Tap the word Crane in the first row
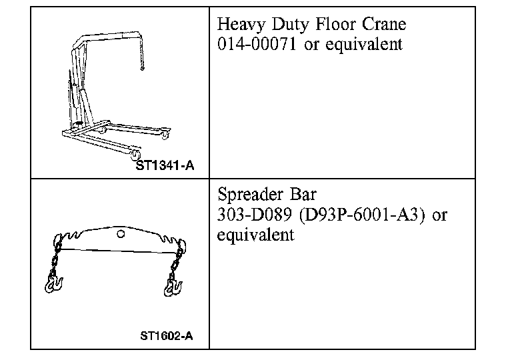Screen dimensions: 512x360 point(382,25)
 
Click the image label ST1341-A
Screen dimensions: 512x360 point(165,165)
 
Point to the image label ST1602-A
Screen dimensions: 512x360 point(167,335)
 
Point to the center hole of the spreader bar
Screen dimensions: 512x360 point(120,234)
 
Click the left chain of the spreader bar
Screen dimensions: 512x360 point(56,260)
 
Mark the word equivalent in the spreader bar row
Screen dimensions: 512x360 point(256,235)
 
